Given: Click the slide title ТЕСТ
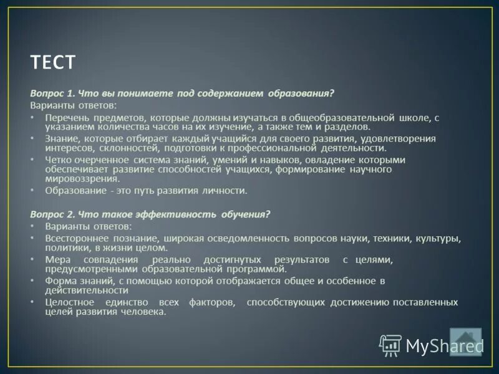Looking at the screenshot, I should pos(53,62).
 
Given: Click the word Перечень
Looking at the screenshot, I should pos(67,117).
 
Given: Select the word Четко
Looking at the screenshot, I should pos(57,160).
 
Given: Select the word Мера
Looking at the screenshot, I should pos(57,259).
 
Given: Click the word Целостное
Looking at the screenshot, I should pos(69,302).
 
